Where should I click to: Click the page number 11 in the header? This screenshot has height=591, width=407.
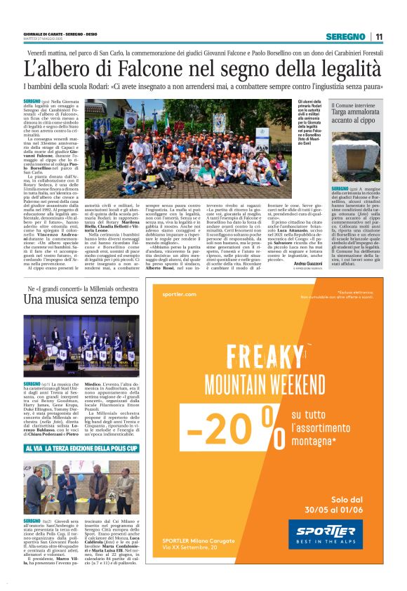click(379, 36)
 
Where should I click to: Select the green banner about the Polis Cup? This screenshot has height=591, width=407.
click(81, 447)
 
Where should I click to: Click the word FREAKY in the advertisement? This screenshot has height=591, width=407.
click(267, 352)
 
